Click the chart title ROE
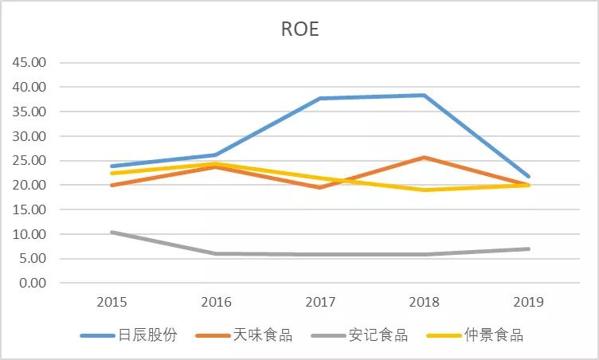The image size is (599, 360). [x=299, y=29]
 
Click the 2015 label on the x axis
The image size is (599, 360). [x=111, y=302]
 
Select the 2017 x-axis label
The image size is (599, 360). [x=320, y=302]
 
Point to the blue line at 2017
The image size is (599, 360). [x=320, y=99]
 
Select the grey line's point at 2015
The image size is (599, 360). [x=112, y=233]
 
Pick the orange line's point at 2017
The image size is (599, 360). [x=320, y=187]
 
